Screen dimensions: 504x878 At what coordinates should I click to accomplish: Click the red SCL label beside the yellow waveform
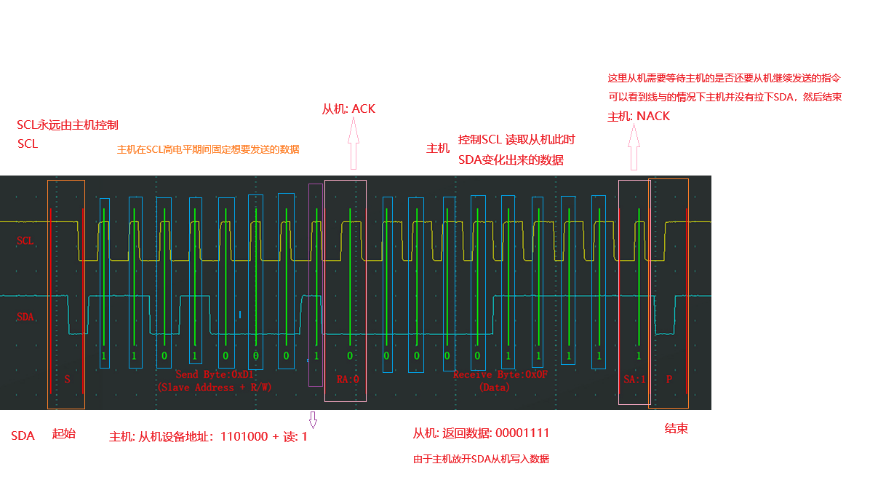pos(25,240)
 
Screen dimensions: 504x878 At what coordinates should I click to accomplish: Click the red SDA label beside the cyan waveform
pos(25,317)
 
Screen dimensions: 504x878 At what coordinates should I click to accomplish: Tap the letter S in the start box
pos(67,379)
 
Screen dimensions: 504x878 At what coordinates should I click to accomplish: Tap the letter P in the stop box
pos(669,379)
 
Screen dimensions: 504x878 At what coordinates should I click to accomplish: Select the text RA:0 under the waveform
pos(348,379)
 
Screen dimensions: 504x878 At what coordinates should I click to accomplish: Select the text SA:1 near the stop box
pos(634,379)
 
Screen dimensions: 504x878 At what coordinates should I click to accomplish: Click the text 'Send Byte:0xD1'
pos(215,374)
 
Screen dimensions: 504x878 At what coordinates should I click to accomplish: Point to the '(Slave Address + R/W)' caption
pos(215,387)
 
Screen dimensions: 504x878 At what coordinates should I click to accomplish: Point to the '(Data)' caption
pos(494,387)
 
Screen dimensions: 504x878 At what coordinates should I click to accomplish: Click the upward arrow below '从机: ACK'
pos(354,144)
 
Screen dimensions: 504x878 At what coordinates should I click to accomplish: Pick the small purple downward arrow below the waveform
pos(314,420)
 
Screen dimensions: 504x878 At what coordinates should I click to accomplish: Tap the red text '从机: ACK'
pos(348,109)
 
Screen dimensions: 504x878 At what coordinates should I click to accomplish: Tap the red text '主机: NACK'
pos(639,117)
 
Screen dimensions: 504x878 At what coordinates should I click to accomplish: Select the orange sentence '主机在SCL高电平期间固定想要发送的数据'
pos(208,149)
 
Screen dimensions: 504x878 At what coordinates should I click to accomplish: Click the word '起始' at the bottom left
pos(63,434)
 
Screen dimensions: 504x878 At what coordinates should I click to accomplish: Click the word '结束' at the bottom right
pos(677,429)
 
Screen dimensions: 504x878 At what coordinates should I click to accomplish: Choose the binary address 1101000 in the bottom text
pos(244,437)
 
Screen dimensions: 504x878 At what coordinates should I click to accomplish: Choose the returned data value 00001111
pos(522,433)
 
